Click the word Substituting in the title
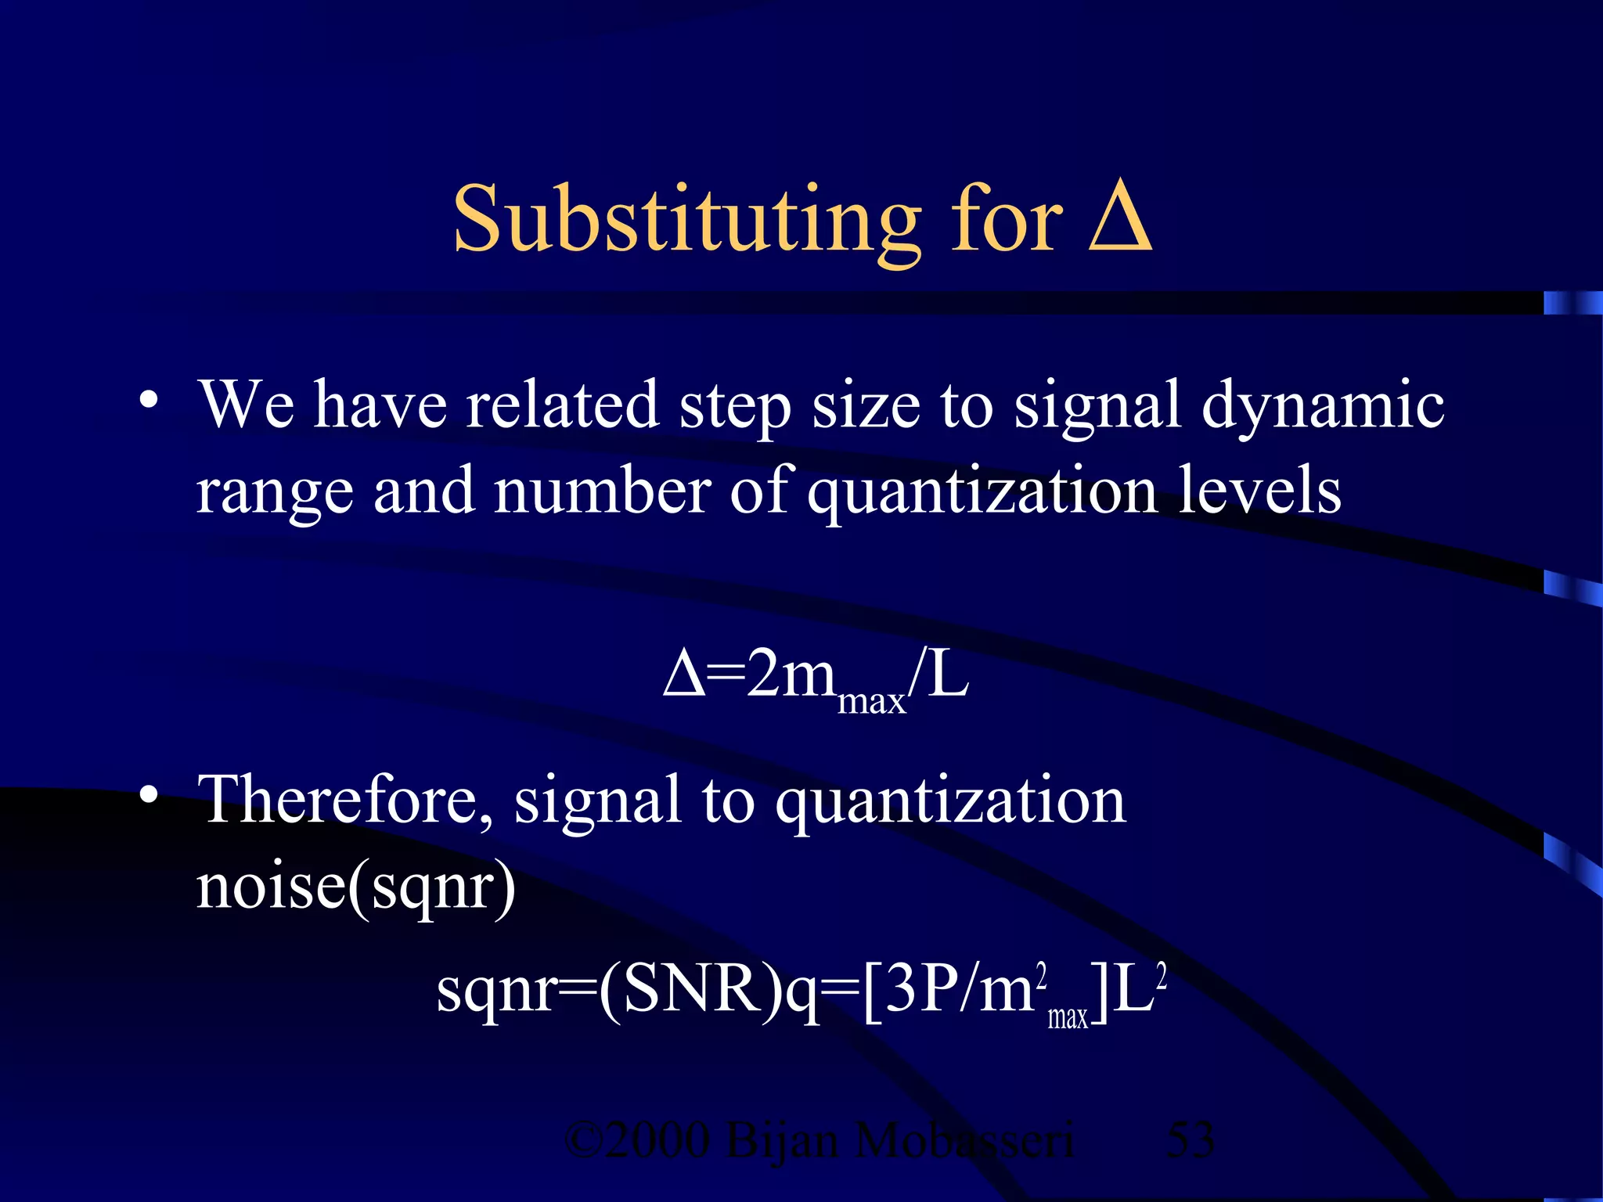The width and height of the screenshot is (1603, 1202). click(x=687, y=221)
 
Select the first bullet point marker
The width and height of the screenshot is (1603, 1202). click(x=149, y=401)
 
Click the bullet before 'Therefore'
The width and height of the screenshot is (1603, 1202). click(x=149, y=797)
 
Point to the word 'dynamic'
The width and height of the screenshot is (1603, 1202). click(x=1323, y=407)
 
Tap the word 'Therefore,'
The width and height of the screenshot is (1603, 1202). click(x=344, y=800)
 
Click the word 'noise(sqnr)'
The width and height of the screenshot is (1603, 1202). click(x=356, y=887)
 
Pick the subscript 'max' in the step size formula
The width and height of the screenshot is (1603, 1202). click(x=871, y=700)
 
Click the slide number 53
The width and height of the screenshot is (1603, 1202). click(x=1190, y=1140)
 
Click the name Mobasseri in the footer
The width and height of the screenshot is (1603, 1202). click(x=964, y=1140)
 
